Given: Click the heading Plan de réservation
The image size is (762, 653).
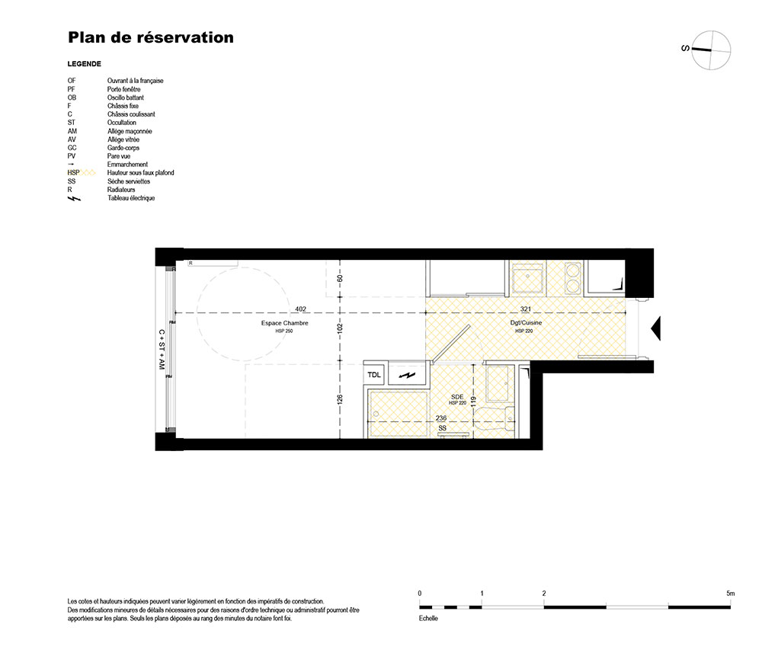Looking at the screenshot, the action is [151, 37].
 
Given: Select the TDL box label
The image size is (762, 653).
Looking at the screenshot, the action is [374, 375].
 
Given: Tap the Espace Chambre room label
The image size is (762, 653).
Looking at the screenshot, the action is [285, 323].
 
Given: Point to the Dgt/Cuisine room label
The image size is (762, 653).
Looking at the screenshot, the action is [526, 322].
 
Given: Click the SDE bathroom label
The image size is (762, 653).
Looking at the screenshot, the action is [457, 397].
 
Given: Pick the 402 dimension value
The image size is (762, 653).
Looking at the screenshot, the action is [301, 309].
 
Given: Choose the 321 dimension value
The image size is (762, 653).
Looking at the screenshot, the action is [526, 309].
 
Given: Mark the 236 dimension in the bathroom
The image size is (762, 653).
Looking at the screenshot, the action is [441, 418].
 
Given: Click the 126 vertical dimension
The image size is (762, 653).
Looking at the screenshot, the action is [340, 399].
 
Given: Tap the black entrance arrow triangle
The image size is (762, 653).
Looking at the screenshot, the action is [657, 328].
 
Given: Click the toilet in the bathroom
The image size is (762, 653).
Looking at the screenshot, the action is [495, 418].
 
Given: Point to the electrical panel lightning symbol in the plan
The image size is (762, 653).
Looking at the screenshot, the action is [407, 375].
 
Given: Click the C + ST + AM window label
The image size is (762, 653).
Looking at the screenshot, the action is [162, 349].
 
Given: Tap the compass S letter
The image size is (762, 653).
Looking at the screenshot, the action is [685, 48].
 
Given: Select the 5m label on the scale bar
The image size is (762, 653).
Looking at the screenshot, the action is [731, 594].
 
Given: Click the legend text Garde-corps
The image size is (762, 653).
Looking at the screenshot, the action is [123, 148].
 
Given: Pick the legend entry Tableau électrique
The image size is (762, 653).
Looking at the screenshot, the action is [131, 198].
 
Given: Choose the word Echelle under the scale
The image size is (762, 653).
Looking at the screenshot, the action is [428, 619].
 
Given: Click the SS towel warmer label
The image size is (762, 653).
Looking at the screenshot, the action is [442, 428].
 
